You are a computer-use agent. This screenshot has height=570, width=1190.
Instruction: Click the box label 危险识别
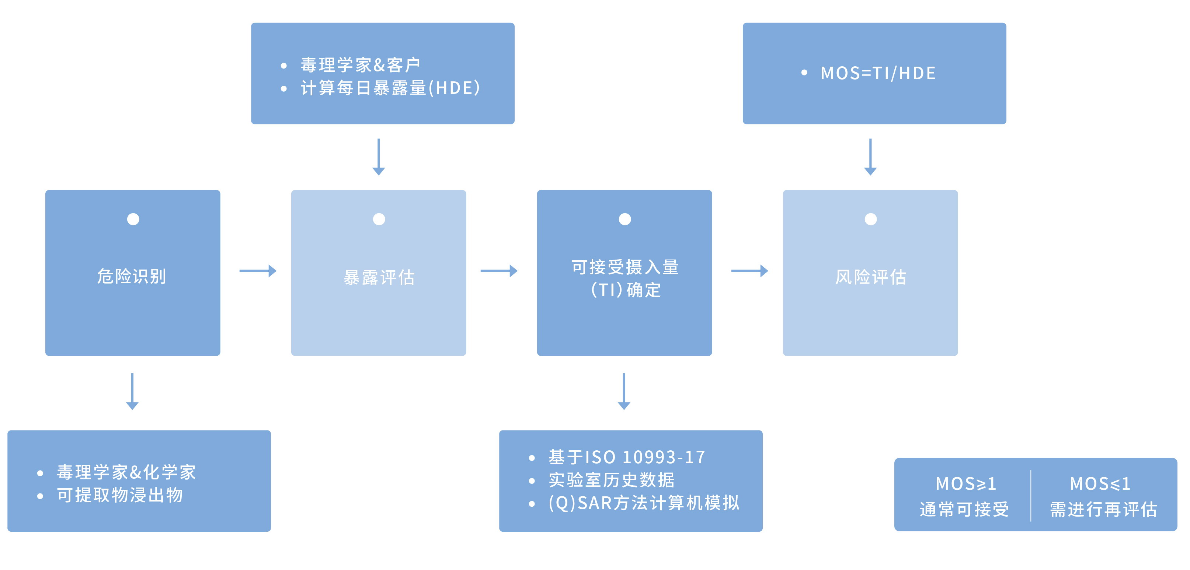point(132,276)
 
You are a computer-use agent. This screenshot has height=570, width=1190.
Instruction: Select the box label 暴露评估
point(379,277)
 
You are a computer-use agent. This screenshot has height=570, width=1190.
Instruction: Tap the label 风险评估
point(870,277)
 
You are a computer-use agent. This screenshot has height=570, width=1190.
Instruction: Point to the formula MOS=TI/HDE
point(878,73)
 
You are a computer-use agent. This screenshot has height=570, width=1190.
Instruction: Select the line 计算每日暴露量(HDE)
point(390,88)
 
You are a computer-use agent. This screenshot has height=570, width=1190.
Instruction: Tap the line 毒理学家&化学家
point(126,472)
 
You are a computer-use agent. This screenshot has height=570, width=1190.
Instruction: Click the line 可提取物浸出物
point(120,495)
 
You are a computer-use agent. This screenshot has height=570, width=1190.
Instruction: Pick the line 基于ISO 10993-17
point(626,457)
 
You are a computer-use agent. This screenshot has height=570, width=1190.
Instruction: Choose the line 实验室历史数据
point(612,480)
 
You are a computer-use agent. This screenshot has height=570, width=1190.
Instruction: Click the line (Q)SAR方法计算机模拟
point(644,503)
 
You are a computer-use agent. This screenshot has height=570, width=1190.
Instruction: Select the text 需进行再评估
point(1103,510)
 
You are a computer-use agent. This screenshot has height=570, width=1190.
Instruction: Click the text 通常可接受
point(964,510)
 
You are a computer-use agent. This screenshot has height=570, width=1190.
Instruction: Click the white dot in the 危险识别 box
point(133,219)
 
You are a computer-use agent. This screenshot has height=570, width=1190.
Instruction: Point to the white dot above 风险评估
point(870,219)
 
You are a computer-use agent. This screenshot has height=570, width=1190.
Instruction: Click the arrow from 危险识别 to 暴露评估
point(258,271)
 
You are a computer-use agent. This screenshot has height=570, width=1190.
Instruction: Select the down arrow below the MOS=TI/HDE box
point(870,157)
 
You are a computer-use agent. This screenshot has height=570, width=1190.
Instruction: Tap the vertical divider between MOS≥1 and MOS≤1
point(1031,495)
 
